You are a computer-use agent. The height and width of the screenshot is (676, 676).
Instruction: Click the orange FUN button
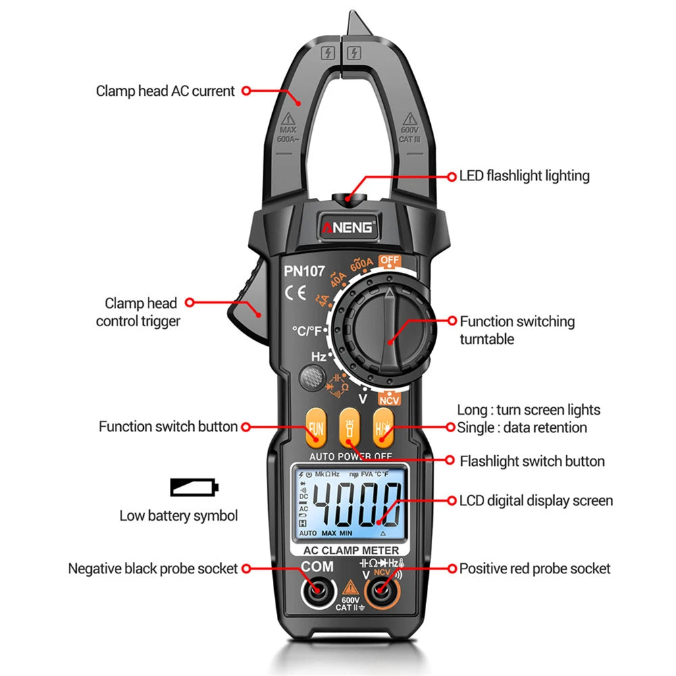(x=315, y=428)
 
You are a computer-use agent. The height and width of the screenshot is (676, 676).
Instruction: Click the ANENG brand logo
(x=348, y=228)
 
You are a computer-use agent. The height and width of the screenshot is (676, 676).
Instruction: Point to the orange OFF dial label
(x=390, y=260)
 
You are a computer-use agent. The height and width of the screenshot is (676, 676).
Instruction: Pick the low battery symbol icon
(x=194, y=487)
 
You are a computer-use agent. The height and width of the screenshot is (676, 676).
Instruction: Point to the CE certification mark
(x=295, y=293)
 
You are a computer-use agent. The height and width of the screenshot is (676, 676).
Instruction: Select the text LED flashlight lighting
(x=524, y=176)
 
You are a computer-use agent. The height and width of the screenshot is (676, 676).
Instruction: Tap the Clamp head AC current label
(x=165, y=90)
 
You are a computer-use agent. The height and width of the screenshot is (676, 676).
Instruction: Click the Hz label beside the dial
(x=319, y=356)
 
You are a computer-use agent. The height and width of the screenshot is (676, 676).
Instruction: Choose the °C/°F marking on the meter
(x=307, y=331)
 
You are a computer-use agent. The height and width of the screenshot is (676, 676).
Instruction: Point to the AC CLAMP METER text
(x=351, y=550)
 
